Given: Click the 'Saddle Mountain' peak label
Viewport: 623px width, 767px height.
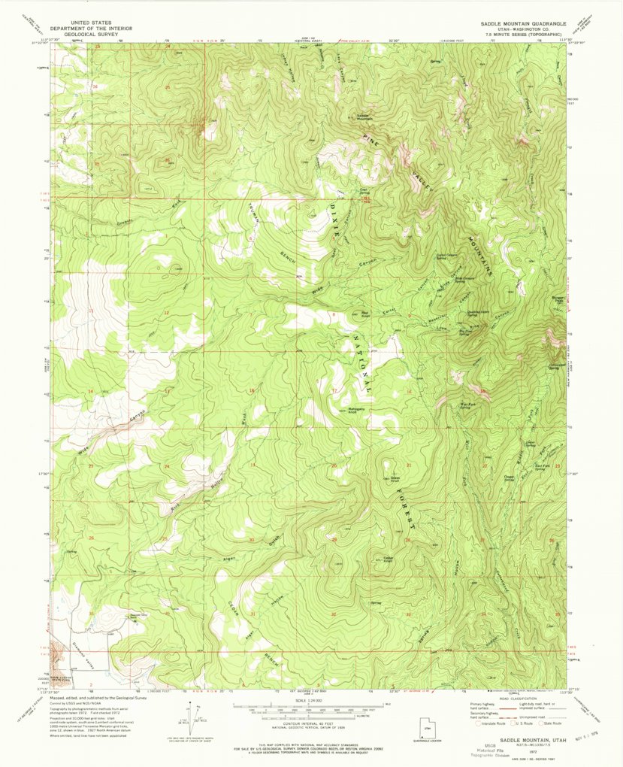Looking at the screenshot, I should pyautogui.click(x=364, y=117).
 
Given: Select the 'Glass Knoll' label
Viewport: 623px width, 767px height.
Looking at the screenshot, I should pyautogui.click(x=395, y=478).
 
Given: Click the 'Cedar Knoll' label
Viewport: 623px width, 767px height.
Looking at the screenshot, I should pyautogui.click(x=389, y=558).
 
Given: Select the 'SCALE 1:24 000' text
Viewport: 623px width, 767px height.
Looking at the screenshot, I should pyautogui.click(x=310, y=699).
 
